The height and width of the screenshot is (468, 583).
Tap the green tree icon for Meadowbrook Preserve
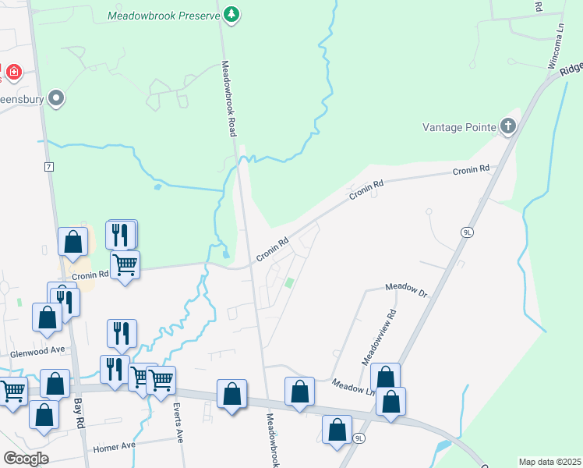tap(231, 14)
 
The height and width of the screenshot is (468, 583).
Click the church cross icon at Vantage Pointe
tap(507, 126)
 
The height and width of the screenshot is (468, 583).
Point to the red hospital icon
tap(13, 73)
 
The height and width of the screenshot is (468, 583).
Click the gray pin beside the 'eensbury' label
tap(55, 98)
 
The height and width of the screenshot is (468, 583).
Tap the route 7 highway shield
tap(48, 167)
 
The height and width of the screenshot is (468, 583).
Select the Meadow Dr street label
tap(407, 289)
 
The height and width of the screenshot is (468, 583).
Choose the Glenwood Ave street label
tap(37, 352)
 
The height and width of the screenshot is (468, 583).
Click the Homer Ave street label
tap(114, 447)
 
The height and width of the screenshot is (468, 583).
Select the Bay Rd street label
tap(79, 413)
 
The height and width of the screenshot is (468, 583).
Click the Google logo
tap(26, 458)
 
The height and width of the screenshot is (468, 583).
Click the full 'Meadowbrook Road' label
tap(228, 98)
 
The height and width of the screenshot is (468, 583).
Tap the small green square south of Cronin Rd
tap(290, 283)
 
